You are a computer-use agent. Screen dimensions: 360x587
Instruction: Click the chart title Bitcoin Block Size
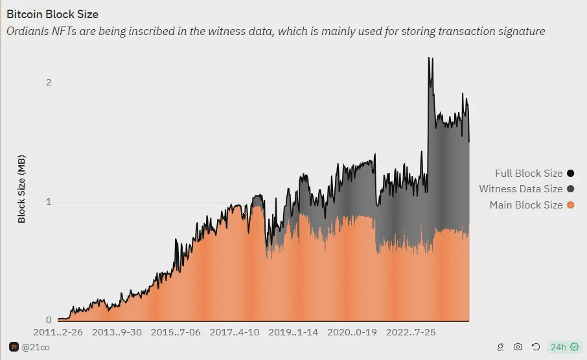click(x=52, y=14)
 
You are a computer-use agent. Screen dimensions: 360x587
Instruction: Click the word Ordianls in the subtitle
click(x=28, y=31)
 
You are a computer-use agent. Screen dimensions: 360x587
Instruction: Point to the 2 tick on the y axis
click(x=48, y=83)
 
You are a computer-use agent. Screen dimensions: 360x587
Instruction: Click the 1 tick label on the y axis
click(x=48, y=201)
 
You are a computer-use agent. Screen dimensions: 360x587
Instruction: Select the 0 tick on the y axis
click(x=48, y=321)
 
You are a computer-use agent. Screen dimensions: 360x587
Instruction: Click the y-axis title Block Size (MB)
click(x=21, y=189)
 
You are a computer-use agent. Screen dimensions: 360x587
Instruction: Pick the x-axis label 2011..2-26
click(x=58, y=332)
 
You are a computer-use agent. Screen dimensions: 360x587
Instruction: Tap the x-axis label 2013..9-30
click(x=117, y=332)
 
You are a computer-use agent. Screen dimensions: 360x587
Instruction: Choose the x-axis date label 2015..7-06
click(x=176, y=332)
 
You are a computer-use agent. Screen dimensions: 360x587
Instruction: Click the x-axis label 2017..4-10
click(x=235, y=332)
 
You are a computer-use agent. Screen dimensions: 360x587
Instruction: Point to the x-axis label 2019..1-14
click(x=293, y=332)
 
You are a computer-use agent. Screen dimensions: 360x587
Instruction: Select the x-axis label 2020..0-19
click(x=352, y=332)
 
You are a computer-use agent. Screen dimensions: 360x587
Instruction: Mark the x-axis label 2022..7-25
click(x=411, y=332)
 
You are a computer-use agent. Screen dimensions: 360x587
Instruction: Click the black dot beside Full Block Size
click(x=570, y=173)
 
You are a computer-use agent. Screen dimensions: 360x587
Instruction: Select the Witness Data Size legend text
click(x=520, y=189)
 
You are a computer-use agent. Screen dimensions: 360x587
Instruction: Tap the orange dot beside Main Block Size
click(x=570, y=205)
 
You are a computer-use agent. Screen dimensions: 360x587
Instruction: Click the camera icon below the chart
click(x=518, y=347)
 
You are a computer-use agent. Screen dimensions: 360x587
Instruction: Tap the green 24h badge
click(x=564, y=347)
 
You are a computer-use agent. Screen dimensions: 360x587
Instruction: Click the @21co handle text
click(x=36, y=347)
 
